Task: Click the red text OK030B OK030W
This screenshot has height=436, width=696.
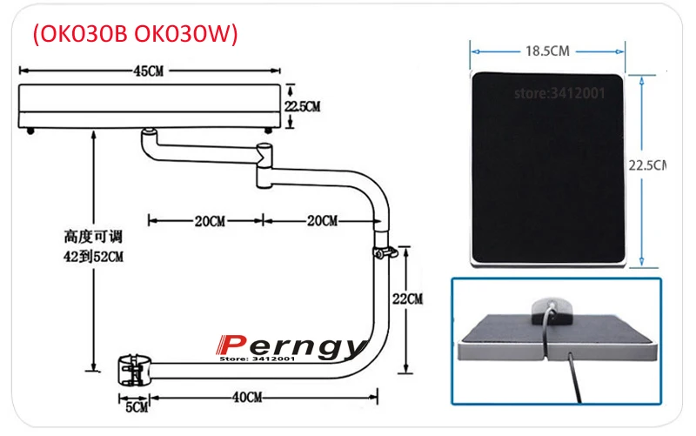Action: click(135, 34)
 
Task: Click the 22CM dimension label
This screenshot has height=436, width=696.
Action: click(408, 298)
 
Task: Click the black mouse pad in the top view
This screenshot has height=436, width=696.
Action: click(547, 165)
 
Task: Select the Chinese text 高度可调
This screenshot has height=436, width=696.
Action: click(90, 236)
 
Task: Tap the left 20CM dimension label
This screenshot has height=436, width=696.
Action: click(209, 221)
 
